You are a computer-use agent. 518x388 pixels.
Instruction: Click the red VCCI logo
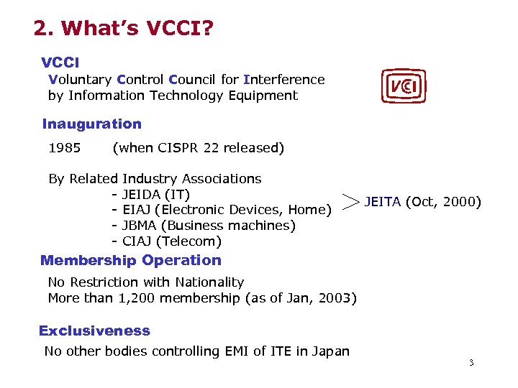coord(403,87)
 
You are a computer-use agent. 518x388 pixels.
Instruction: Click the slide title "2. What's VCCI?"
coord(124,29)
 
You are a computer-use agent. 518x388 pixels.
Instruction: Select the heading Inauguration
coord(91,124)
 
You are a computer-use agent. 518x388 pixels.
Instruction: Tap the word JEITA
coord(382,202)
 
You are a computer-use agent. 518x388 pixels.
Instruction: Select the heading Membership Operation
coord(131,261)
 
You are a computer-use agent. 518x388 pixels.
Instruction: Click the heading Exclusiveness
coord(94,331)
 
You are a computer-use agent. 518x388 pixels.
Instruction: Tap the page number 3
coord(471,363)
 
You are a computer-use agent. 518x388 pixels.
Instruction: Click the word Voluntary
coord(79,80)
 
